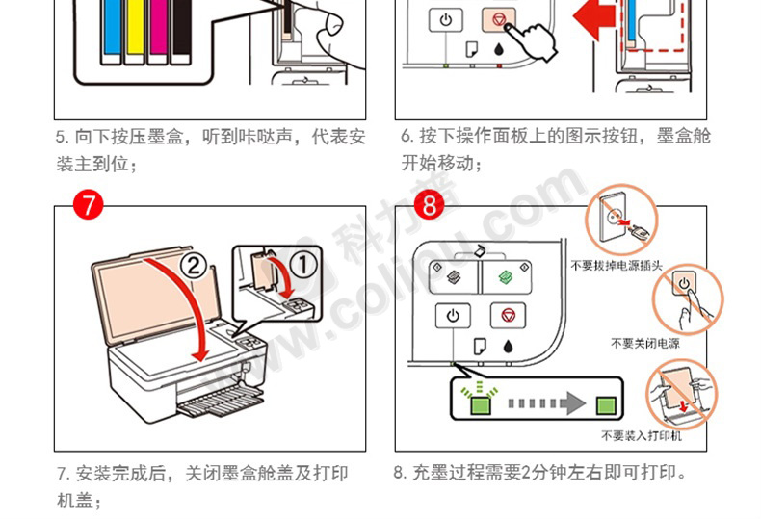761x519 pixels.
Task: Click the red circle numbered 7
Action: (x=89, y=205)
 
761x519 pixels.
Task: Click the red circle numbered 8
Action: (x=430, y=205)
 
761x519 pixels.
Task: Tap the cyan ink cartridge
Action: (x=112, y=31)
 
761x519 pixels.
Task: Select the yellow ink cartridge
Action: (x=135, y=31)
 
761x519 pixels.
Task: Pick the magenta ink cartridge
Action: (x=158, y=31)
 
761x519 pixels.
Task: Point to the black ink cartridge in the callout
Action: (x=181, y=31)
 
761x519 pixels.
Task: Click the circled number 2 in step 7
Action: (x=194, y=266)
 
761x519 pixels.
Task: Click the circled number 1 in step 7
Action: (x=304, y=265)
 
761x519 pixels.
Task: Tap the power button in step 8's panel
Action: (x=453, y=316)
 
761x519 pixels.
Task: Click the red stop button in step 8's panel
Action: (x=509, y=316)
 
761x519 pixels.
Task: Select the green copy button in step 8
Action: (x=507, y=277)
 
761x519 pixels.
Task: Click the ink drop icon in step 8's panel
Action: (x=509, y=347)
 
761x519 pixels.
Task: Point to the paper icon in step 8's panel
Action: (x=480, y=347)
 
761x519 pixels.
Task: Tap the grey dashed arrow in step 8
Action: (x=546, y=403)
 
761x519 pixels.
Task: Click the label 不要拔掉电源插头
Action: (x=617, y=266)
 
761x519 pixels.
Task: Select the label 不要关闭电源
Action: (x=645, y=344)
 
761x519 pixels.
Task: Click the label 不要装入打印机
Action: (x=642, y=435)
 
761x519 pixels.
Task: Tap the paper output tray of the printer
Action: (x=221, y=401)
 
